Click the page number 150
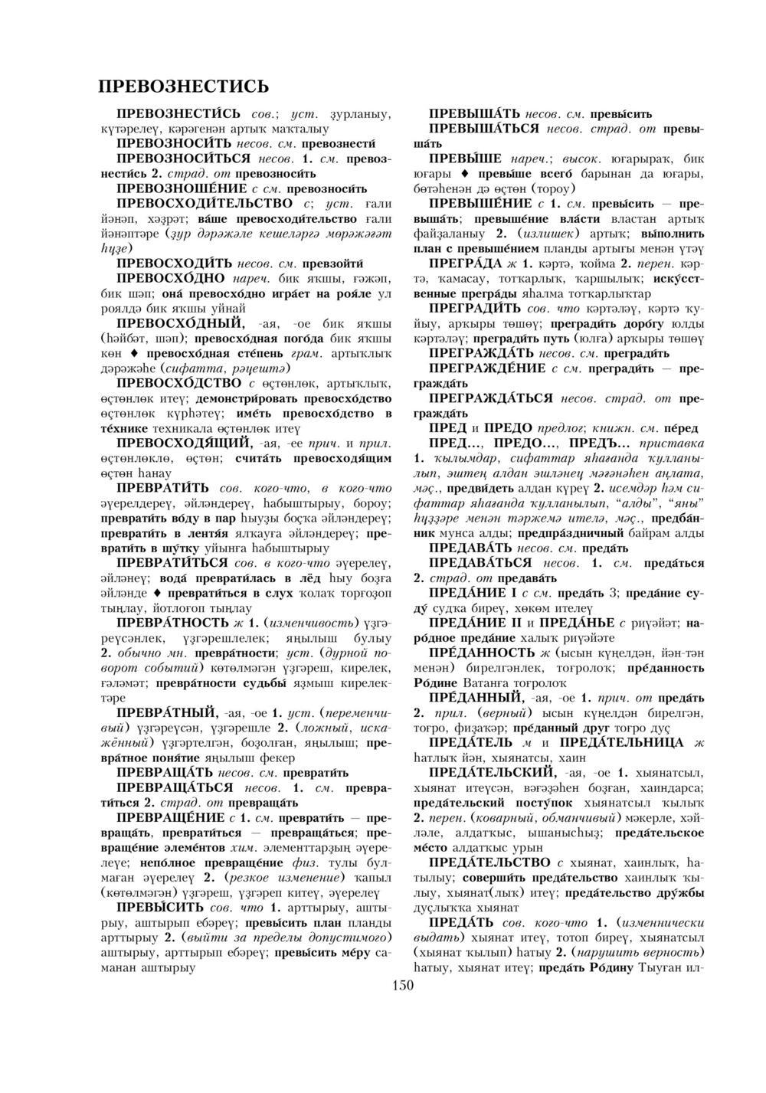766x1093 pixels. [402, 984]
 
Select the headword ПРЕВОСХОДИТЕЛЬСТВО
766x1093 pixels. [205, 203]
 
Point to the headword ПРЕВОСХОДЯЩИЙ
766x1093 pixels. [181, 443]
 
